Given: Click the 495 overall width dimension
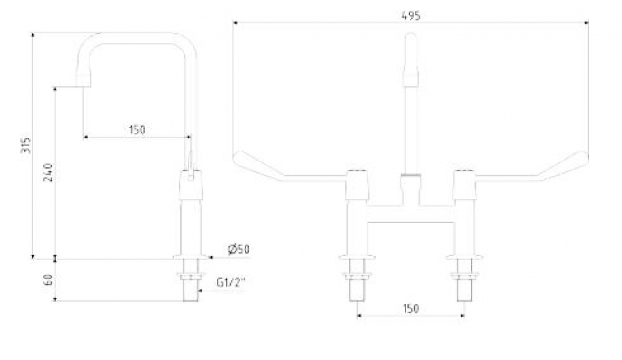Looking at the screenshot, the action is click(x=411, y=16).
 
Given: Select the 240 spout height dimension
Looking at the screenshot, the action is click(x=48, y=172).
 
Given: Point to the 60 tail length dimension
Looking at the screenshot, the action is click(x=49, y=280).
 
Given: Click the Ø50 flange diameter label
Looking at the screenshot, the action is click(x=239, y=249).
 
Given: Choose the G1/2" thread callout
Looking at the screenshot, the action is click(x=231, y=283).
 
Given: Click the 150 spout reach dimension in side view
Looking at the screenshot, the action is click(x=137, y=130).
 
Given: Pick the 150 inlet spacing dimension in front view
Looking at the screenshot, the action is click(x=411, y=308).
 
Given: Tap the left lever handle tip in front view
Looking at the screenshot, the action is click(x=235, y=158).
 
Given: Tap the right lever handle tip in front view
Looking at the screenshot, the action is click(x=585, y=158).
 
